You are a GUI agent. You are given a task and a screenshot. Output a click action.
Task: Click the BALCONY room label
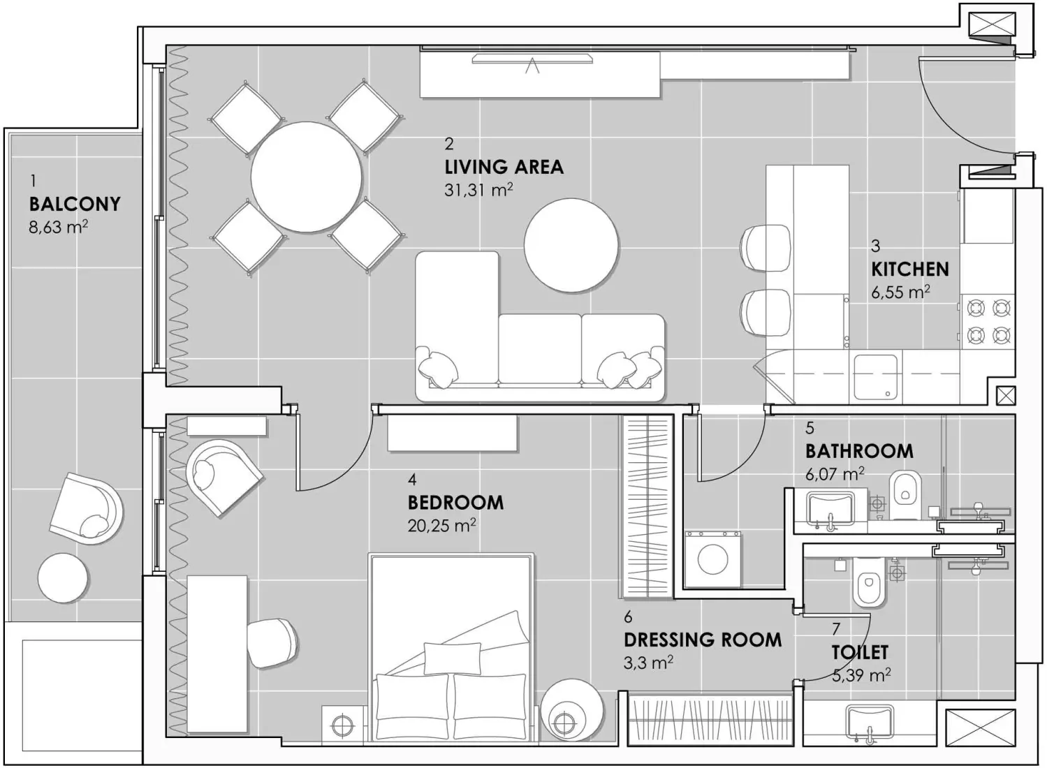(x=75, y=204)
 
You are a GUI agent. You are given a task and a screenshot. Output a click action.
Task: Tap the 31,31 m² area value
(x=478, y=190)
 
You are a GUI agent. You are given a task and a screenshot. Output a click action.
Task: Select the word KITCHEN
(x=909, y=269)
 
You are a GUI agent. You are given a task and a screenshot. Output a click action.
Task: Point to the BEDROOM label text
(x=455, y=502)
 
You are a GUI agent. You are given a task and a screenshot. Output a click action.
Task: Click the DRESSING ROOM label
(x=702, y=640)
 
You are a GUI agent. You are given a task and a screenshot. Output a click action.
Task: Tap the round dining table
(x=306, y=177)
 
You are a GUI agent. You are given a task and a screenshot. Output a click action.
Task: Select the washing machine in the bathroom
(x=712, y=559)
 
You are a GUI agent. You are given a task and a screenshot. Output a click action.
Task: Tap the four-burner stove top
(x=988, y=321)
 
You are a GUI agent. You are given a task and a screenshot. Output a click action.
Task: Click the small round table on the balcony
(x=63, y=577)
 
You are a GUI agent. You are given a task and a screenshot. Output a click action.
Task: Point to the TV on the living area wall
(x=532, y=59)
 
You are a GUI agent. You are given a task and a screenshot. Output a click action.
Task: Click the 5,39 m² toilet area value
(x=861, y=675)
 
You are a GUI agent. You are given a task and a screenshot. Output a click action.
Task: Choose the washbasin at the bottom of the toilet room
(x=870, y=722)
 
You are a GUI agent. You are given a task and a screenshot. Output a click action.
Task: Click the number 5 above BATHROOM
(x=810, y=427)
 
